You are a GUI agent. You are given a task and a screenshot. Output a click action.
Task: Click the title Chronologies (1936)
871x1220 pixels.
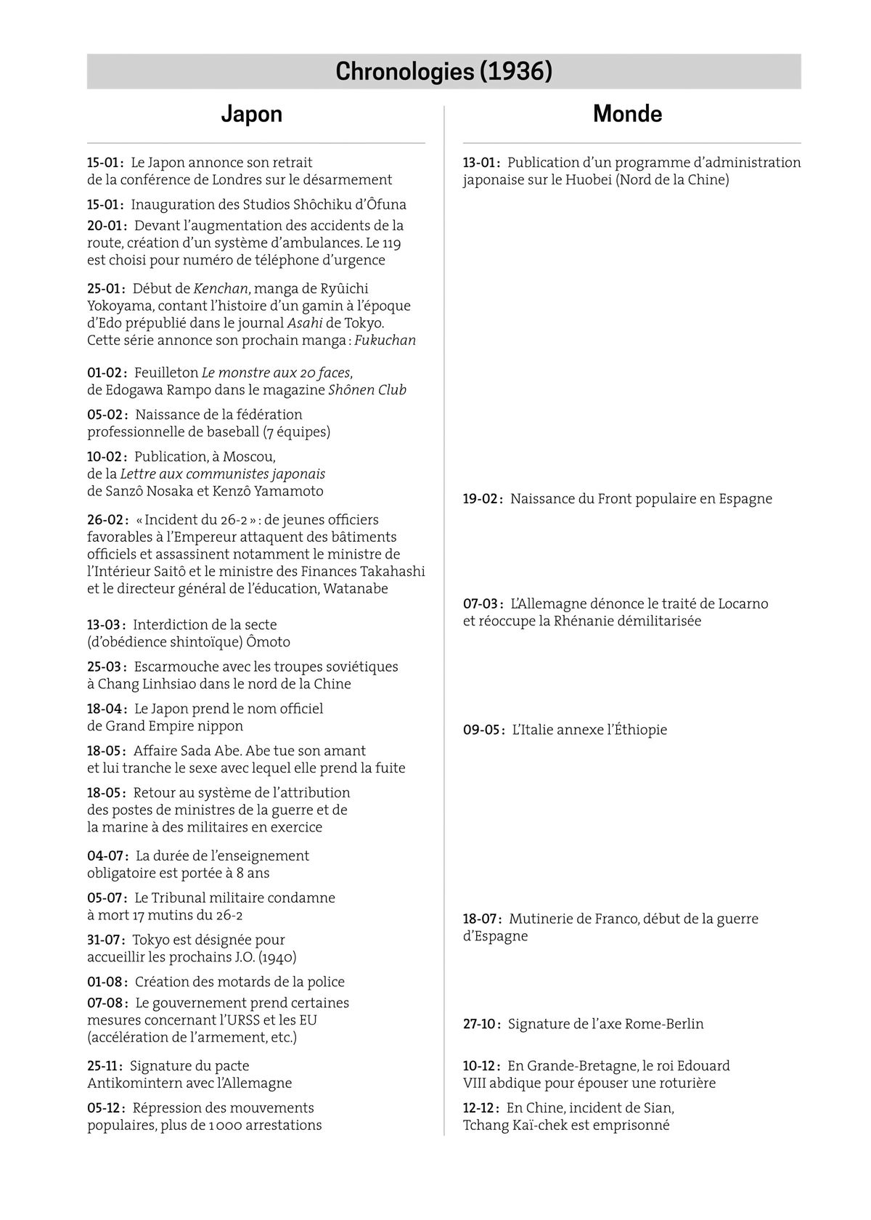click(x=443, y=72)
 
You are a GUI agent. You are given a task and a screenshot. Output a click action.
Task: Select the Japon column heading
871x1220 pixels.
click(x=251, y=114)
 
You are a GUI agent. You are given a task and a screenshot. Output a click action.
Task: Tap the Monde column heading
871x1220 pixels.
click(x=627, y=114)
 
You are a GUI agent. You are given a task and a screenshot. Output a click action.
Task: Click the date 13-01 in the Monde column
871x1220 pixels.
click(x=481, y=163)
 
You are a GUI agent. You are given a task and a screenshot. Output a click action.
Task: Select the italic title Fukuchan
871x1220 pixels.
click(x=385, y=341)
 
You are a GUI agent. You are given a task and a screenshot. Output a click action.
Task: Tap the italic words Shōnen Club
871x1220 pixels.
click(x=367, y=390)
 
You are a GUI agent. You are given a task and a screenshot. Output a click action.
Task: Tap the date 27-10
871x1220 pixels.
click(x=481, y=1024)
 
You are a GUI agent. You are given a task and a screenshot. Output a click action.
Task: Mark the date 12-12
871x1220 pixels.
click(x=481, y=1108)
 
